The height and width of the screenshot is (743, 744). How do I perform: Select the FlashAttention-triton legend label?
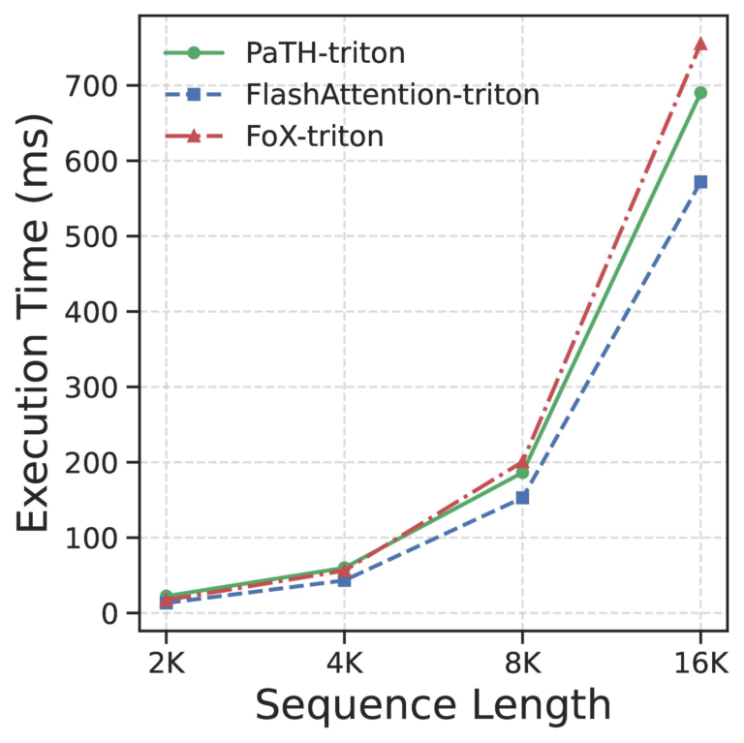point(391,94)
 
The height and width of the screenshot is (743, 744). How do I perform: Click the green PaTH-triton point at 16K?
point(700,93)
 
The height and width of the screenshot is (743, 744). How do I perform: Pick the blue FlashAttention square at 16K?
point(700,182)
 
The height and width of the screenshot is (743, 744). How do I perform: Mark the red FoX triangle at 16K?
point(700,44)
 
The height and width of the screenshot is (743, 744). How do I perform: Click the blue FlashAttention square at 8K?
point(522,497)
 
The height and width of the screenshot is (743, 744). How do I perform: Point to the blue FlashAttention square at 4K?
point(344,580)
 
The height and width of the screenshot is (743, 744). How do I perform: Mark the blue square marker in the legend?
point(194,94)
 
